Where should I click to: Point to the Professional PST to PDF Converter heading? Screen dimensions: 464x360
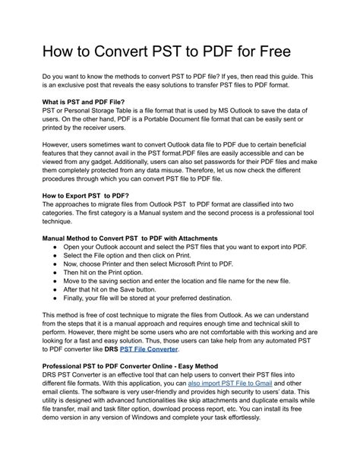click(131, 366)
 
